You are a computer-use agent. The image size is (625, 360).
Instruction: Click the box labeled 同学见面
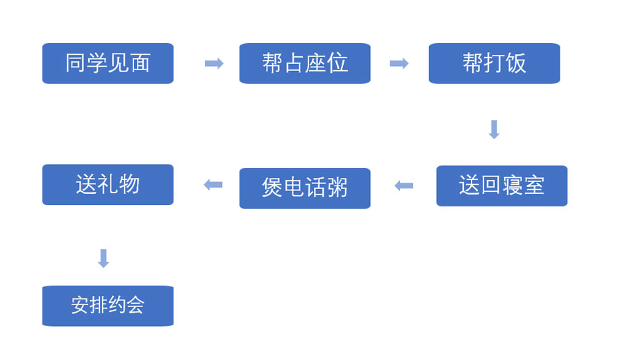[x=108, y=63]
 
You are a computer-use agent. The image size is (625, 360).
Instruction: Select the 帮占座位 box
[x=304, y=63]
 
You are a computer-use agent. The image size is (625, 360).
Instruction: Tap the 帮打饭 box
[x=494, y=63]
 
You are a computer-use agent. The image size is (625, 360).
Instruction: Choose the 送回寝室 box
[x=501, y=186]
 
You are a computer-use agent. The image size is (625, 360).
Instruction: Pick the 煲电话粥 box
[x=304, y=188]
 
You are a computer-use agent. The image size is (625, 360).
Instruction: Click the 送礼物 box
[x=108, y=184]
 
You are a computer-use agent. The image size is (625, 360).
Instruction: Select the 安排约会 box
[x=108, y=306]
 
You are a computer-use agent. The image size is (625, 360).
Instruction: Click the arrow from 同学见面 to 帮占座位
[x=214, y=64]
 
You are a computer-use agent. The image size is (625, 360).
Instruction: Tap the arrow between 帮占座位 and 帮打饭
[x=399, y=64]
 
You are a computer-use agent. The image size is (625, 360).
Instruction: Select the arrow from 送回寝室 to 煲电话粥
[x=403, y=186]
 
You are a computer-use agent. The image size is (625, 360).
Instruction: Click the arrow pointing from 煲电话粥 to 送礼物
[x=213, y=185]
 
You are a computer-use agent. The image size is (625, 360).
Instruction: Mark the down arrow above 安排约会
[x=103, y=259]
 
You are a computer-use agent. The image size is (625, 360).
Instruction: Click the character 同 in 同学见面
[x=76, y=63]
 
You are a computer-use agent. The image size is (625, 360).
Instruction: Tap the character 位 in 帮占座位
[x=337, y=63]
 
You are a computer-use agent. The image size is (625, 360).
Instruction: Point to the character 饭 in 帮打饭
[x=516, y=63]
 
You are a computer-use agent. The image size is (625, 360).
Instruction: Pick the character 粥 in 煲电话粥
[x=337, y=188]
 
